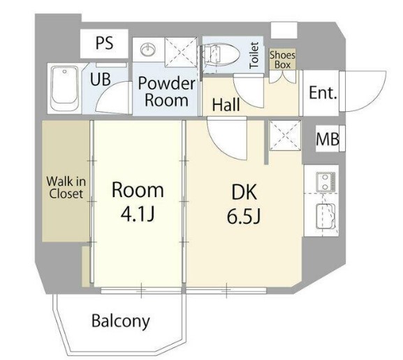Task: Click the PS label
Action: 104,43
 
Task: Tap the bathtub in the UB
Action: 64,88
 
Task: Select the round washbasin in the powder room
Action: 148,49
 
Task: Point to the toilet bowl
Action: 221,55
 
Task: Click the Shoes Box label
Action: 282,59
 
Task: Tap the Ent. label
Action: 323,93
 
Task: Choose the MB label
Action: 328,139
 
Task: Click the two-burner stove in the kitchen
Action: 326,182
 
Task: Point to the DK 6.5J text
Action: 244,204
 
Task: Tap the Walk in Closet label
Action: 66,188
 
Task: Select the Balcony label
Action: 121,321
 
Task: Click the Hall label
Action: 226,105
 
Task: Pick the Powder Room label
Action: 166,92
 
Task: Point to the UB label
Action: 101,79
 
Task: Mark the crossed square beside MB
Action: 284,135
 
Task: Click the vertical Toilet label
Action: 254,55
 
